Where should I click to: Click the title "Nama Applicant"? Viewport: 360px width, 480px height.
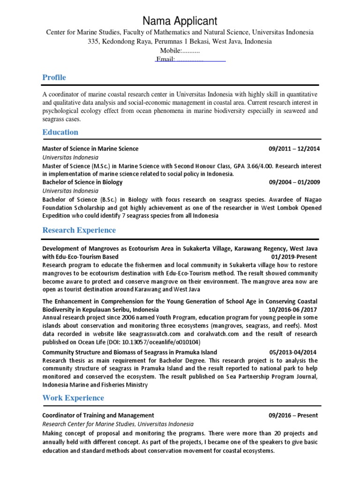point(180,21)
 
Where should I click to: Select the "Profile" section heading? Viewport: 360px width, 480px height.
point(54,77)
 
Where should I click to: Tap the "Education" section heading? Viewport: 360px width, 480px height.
point(60,132)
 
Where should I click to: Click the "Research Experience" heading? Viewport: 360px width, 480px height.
point(79,230)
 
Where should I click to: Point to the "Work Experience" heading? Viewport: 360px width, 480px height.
point(73,398)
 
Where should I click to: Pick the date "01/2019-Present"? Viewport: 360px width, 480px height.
point(294,257)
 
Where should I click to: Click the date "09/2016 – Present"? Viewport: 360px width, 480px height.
point(293,415)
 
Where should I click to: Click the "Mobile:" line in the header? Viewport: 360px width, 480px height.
point(180,51)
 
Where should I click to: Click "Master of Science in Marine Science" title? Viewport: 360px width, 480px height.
point(90,149)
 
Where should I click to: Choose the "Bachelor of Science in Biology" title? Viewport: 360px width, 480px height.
point(82,182)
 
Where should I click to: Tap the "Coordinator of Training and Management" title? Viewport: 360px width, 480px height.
point(98,415)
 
